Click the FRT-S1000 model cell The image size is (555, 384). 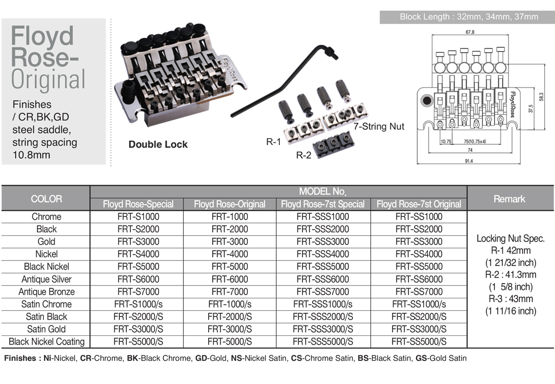click(x=138, y=217)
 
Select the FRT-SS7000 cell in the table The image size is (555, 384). click(x=419, y=291)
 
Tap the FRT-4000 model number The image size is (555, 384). click(x=230, y=254)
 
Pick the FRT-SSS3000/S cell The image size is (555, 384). click(x=323, y=329)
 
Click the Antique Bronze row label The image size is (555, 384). click(x=46, y=291)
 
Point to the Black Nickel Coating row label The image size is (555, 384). click(x=46, y=341)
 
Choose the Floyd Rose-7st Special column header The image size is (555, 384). click(x=323, y=204)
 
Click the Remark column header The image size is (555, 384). click(x=509, y=199)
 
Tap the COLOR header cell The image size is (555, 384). click(x=46, y=199)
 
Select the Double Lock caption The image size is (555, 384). click(x=158, y=144)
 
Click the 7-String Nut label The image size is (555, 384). click(x=379, y=126)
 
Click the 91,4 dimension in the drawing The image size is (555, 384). click(x=469, y=161)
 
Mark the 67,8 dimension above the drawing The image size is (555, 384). click(x=470, y=32)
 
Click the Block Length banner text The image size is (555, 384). click(x=469, y=17)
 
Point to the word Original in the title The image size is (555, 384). click(x=49, y=79)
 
